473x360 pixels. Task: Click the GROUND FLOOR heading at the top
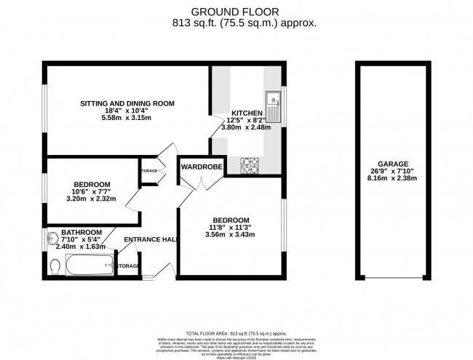[x=236, y=11]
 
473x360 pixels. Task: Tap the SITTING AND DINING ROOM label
[x=127, y=104]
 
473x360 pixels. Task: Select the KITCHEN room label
[x=247, y=113]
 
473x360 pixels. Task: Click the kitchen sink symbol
[x=274, y=106]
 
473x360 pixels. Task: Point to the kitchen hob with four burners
[x=251, y=166]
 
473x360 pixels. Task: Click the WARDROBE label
[x=201, y=167]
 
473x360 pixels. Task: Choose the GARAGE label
[x=392, y=164]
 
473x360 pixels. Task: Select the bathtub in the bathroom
[x=90, y=267]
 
